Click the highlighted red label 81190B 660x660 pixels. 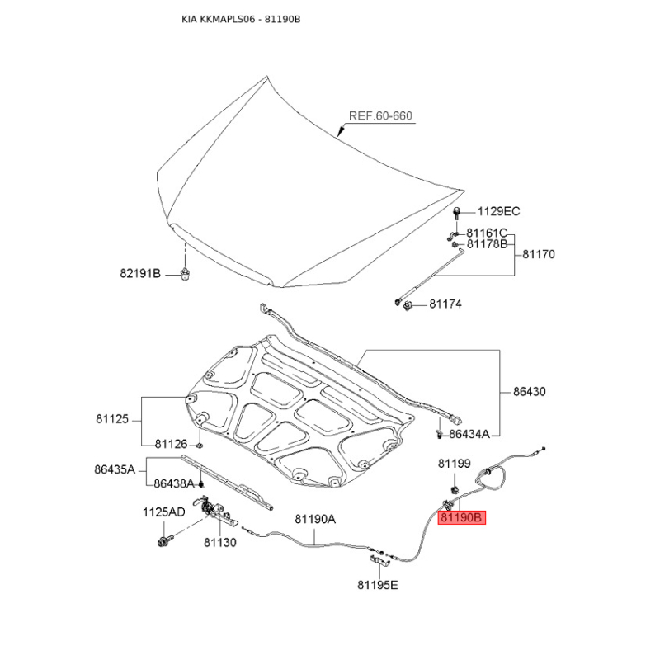coord(462,517)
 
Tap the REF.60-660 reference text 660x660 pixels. coord(380,115)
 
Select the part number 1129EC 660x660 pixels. coord(498,211)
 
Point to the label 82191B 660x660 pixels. coord(140,274)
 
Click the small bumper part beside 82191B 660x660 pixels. coord(184,274)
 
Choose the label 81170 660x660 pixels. coord(539,254)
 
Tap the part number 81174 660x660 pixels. coord(445,304)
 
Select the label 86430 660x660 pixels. coord(529,392)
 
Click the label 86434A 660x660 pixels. coord(469,434)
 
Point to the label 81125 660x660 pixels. coord(112,419)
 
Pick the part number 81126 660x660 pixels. coord(171,444)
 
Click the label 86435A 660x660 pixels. coord(115,469)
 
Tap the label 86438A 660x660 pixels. coord(174,484)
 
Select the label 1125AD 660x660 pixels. coord(163,512)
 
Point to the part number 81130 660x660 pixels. coord(220,543)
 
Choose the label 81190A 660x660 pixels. coord(315,520)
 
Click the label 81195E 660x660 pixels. coord(378,585)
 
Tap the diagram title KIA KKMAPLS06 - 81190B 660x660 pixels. coord(241,19)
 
